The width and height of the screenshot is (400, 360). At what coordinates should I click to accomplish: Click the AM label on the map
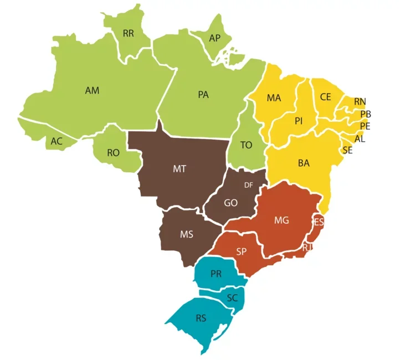tap(92, 90)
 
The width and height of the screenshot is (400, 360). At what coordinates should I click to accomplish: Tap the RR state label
tap(128, 33)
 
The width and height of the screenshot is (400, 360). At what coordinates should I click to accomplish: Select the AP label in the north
tap(214, 38)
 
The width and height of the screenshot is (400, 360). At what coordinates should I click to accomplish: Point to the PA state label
tap(203, 95)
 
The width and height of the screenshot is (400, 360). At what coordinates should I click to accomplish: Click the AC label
tap(57, 141)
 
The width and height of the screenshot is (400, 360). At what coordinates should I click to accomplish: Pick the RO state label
tap(113, 152)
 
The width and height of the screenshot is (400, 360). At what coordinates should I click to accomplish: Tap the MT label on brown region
tap(179, 169)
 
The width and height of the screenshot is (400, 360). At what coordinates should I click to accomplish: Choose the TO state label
tap(246, 145)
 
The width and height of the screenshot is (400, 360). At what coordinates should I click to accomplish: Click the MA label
tap(274, 98)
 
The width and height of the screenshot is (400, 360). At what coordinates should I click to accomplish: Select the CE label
tap(325, 97)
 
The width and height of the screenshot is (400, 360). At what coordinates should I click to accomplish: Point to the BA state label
tap(304, 163)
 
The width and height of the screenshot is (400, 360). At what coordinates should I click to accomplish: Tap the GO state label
tap(231, 203)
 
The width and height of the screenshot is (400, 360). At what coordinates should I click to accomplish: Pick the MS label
tap(187, 234)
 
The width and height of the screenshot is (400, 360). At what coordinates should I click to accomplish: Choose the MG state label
tap(281, 220)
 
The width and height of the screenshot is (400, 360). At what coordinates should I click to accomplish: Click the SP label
tap(241, 251)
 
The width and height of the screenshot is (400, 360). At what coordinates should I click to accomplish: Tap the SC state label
tap(233, 297)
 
